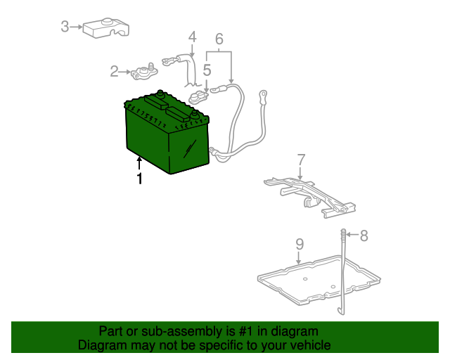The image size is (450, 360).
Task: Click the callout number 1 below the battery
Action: coord(139,179)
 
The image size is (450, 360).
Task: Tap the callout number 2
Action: coord(114,71)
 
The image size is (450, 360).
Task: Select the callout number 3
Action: coord(65,27)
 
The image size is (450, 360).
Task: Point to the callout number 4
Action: coord(192,37)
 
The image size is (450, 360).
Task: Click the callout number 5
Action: coord(207,70)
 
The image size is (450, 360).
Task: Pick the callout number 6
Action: coord(219,39)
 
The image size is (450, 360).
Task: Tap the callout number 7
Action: coord(301,160)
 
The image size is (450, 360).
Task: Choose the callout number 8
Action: coord(364,236)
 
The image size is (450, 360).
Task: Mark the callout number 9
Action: coord(300,244)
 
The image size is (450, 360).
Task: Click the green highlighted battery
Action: coord(167,134)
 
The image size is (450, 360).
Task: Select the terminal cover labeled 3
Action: coord(105,27)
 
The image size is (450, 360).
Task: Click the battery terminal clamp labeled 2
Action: coord(144,72)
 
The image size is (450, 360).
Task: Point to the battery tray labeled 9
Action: coord(319,280)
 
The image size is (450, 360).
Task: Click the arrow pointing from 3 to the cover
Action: coord(76,27)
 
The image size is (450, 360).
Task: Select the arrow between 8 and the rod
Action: coord(352,235)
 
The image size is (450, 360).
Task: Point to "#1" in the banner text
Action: coord(245,331)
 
